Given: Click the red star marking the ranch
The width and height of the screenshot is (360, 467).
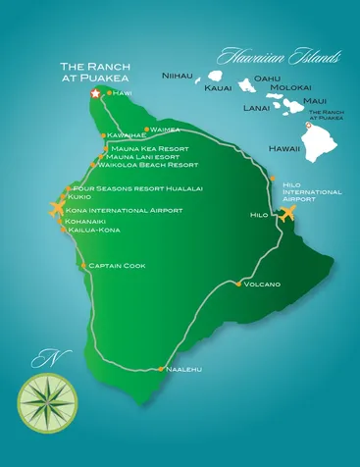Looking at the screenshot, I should pyautogui.click(x=95, y=93).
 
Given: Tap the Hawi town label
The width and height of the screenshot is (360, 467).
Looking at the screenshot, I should pyautogui.click(x=123, y=92).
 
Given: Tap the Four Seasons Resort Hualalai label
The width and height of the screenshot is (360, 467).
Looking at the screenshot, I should pyautogui.click(x=137, y=188).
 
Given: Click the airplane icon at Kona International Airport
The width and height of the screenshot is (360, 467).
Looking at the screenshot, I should pyautogui.click(x=58, y=208).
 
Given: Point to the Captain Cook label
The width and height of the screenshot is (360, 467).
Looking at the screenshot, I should pyautogui.click(x=117, y=265).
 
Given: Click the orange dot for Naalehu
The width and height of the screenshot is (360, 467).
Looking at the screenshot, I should pyautogui.click(x=161, y=370).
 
